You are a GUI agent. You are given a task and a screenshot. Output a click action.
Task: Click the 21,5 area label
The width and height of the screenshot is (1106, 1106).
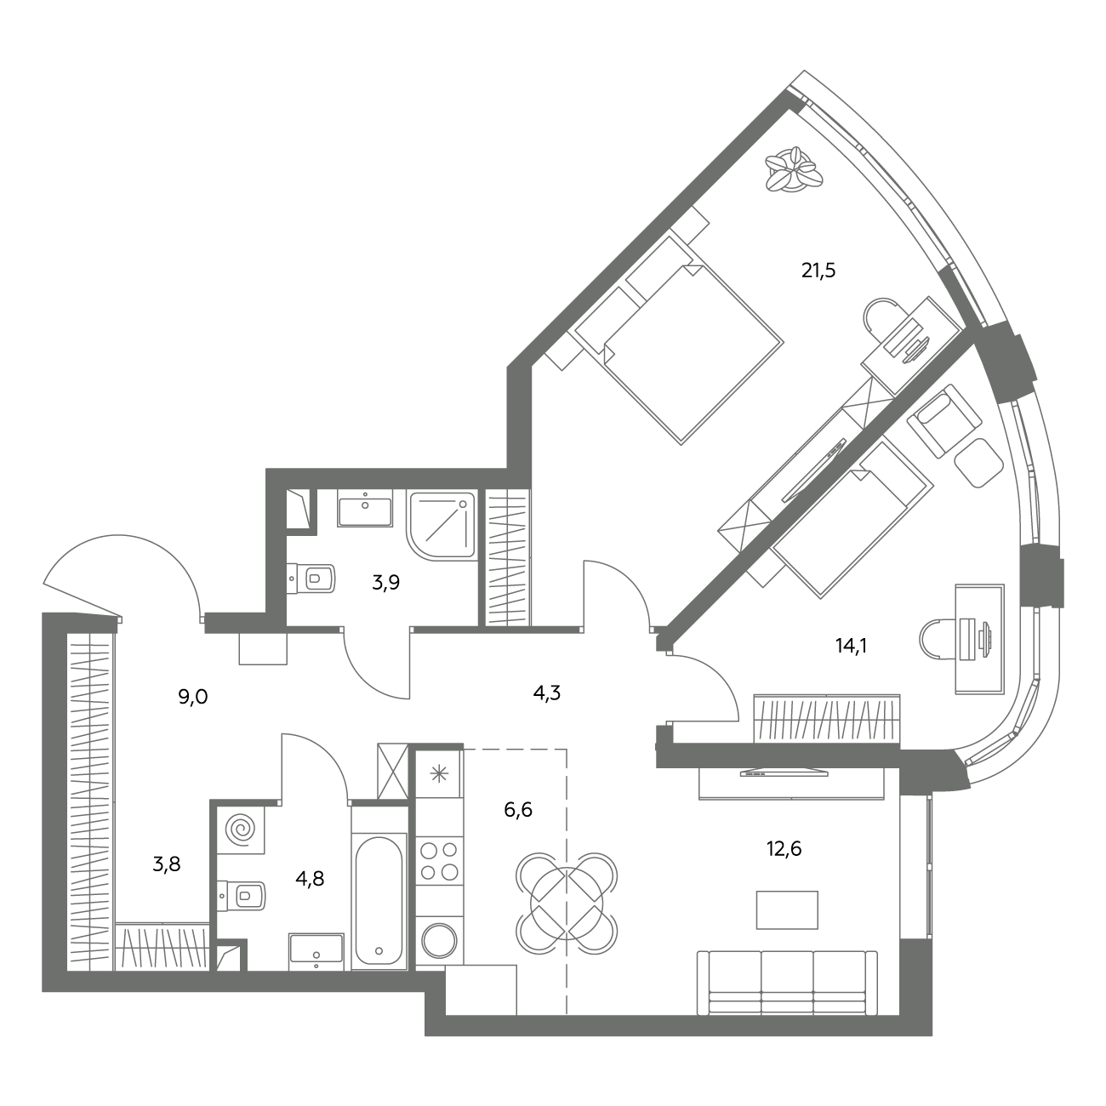818,270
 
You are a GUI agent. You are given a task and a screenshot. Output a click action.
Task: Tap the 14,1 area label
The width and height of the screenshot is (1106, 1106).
851,647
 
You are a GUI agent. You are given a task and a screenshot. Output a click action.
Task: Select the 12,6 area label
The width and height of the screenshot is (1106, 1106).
784,848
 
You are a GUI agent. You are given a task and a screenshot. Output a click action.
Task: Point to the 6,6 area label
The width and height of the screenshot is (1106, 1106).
518,810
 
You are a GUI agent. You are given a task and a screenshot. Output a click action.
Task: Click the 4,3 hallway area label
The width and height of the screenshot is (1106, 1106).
546,693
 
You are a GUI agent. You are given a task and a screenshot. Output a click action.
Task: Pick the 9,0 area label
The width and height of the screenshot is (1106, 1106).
193,698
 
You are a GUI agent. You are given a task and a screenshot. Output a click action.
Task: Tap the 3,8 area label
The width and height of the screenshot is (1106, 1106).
167,864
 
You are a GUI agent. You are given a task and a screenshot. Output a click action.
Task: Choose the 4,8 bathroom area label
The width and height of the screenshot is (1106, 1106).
310,879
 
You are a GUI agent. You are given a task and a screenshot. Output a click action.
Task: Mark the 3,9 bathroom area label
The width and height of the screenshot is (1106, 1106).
385,583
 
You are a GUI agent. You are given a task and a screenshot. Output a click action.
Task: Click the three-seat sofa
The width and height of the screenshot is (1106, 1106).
787,983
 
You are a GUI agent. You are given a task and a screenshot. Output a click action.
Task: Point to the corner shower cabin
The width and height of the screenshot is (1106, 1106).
442,525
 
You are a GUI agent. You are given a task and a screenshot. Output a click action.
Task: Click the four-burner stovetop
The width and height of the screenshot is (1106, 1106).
439,861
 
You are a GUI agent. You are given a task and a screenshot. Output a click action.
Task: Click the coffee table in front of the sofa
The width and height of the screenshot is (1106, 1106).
787,909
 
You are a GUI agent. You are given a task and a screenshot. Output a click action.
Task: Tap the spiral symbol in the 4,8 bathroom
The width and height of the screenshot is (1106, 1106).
241,829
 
